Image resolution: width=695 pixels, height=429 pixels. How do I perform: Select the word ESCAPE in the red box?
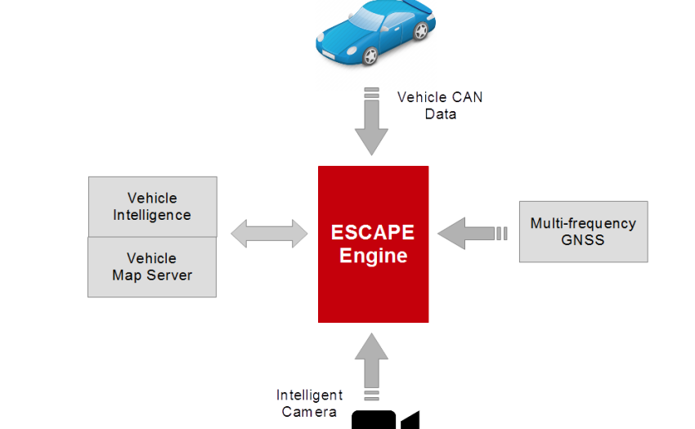pos(373,232)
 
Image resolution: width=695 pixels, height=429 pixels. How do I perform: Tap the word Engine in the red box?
pos(373,256)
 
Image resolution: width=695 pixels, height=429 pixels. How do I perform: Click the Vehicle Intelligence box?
pos(152,207)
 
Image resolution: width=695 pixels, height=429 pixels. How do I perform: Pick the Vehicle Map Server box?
pos(152,267)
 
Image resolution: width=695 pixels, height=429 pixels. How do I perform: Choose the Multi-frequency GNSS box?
pos(583,231)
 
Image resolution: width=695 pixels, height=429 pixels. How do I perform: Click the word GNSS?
pos(583,240)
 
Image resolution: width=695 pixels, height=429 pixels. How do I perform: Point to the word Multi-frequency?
pos(583,223)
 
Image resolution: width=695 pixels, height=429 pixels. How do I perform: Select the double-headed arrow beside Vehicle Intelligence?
pos(269,234)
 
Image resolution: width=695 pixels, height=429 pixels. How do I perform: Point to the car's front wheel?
pos(370,56)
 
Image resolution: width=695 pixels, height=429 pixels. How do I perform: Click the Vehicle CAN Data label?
pos(439,105)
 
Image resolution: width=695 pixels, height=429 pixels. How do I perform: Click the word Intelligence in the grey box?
pos(152,216)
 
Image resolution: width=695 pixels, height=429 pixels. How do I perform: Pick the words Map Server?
pos(152,275)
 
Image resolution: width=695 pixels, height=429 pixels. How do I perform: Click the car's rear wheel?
pos(420,31)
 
